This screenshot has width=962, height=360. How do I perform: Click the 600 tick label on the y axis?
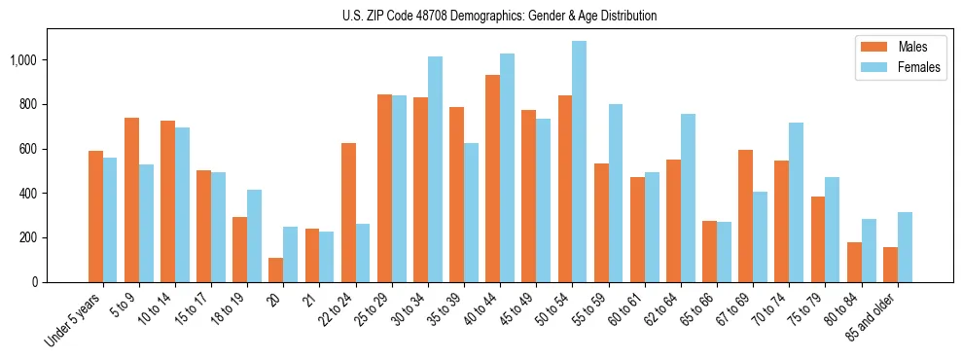click(x=26, y=149)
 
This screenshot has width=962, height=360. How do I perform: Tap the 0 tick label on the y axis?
click(x=35, y=282)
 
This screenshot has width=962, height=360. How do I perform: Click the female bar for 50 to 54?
click(x=579, y=162)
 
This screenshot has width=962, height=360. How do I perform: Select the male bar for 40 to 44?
click(x=492, y=179)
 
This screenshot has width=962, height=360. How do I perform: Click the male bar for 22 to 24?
click(x=348, y=213)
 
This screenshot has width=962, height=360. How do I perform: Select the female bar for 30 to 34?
click(x=435, y=169)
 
